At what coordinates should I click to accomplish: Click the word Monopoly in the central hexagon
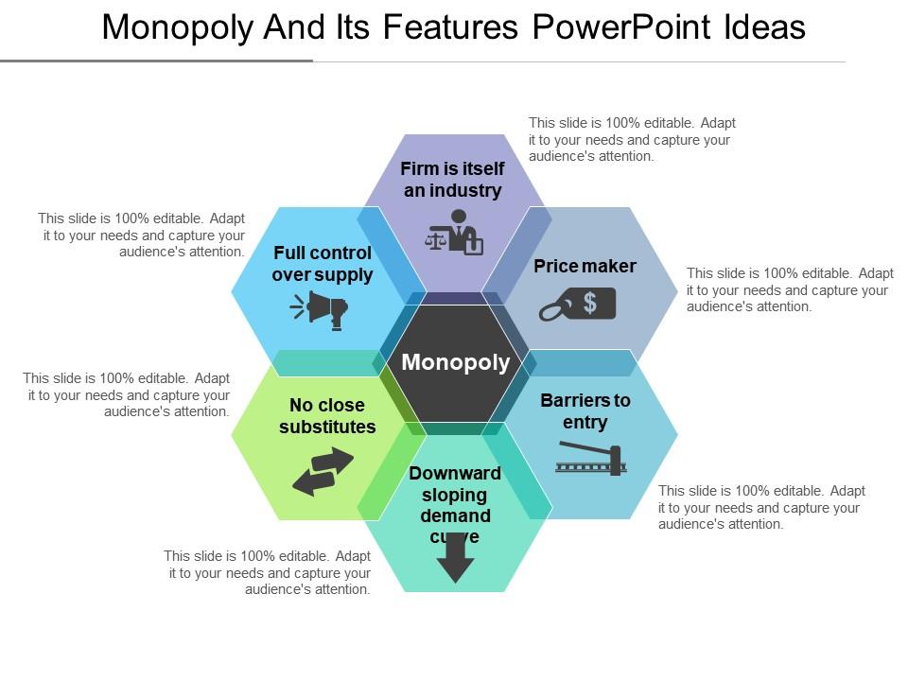[455, 362]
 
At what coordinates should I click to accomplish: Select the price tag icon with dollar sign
[578, 305]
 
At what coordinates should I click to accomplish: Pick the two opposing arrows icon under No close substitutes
[323, 471]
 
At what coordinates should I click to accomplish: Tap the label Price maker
[585, 266]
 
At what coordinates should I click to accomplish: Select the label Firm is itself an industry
[452, 180]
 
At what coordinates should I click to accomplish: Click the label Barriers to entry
[585, 410]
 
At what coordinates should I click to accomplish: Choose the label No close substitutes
[327, 416]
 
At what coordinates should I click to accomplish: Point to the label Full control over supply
[323, 264]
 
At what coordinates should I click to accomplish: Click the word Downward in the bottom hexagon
[455, 473]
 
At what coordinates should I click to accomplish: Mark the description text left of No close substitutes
[127, 394]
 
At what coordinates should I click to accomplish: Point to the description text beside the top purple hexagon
[632, 139]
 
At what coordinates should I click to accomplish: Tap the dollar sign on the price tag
[590, 302]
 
